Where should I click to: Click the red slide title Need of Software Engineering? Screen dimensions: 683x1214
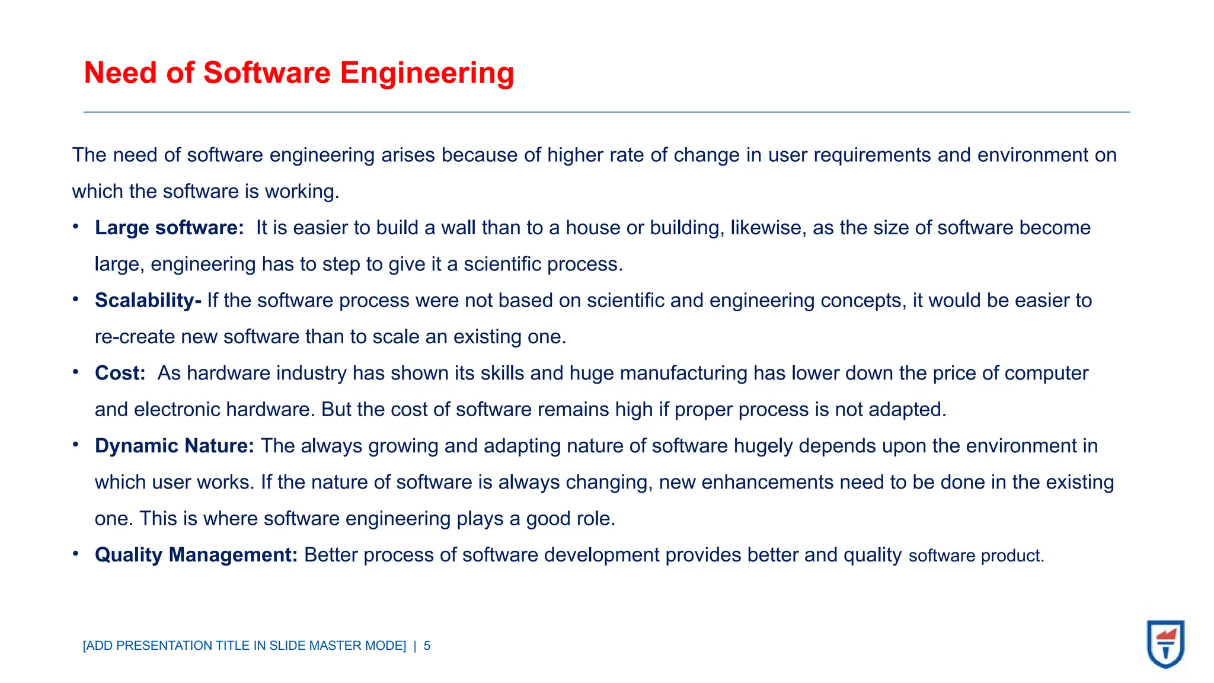299,73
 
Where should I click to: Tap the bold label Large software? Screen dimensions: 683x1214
169,228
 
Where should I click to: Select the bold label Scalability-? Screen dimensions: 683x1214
148,301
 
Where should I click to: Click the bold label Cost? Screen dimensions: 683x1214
120,374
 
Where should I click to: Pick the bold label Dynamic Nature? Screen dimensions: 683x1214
174,446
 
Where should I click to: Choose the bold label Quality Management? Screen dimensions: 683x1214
196,555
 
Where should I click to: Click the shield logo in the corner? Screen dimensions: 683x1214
1165,644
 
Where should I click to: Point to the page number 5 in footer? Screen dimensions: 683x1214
427,646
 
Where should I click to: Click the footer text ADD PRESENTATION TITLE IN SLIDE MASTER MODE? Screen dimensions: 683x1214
244,646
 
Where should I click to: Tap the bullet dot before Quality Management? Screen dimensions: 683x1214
76,554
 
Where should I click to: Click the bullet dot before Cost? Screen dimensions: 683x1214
76,372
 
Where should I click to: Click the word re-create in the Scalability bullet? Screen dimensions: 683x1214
135,337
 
